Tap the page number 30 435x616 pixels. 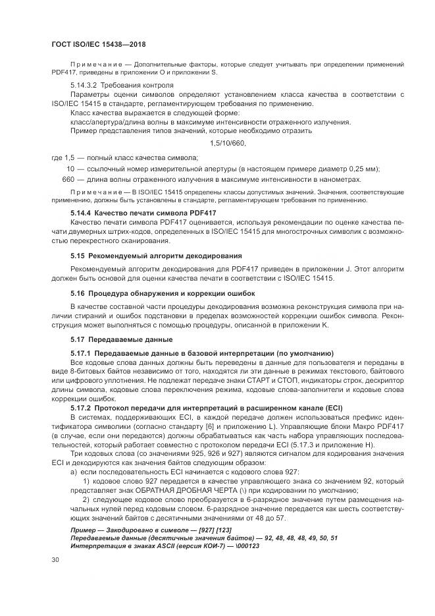click(55, 560)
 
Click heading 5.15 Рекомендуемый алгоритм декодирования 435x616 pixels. click(147, 254)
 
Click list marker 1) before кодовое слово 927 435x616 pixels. click(86, 482)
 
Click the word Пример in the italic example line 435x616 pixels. click(84, 530)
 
